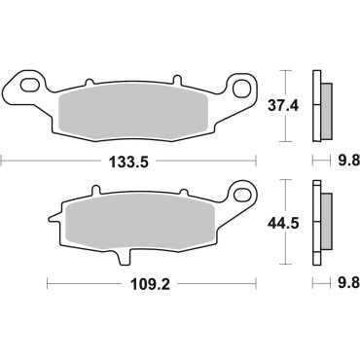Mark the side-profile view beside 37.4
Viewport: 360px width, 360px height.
click(x=319, y=104)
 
